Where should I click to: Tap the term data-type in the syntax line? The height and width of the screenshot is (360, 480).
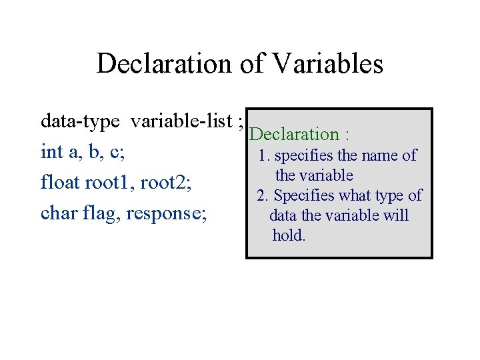click(80, 121)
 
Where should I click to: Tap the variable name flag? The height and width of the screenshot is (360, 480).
click(100, 213)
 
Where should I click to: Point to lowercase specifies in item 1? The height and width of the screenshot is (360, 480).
click(305, 156)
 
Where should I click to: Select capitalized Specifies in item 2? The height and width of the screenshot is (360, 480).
click(306, 196)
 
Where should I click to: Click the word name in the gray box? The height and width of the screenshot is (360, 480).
click(381, 156)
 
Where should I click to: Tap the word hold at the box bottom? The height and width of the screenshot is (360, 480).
click(288, 235)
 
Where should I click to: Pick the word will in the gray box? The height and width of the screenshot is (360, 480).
click(396, 216)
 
